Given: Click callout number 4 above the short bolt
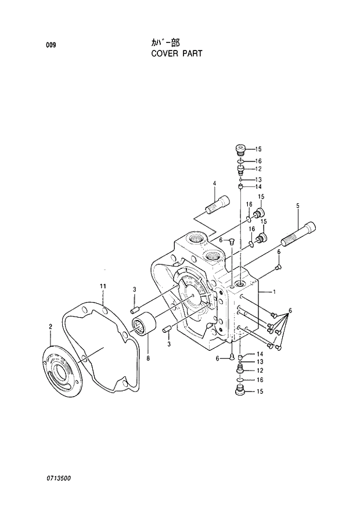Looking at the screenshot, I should (214, 184).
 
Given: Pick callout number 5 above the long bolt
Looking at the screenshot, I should (298, 206).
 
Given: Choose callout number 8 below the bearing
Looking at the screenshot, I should (148, 358).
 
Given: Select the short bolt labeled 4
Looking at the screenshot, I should (218, 206).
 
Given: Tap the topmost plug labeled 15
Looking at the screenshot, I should (241, 149).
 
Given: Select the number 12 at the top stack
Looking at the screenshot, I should (259, 169).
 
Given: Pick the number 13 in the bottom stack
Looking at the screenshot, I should (259, 362).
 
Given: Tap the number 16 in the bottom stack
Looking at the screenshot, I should (259, 380).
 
